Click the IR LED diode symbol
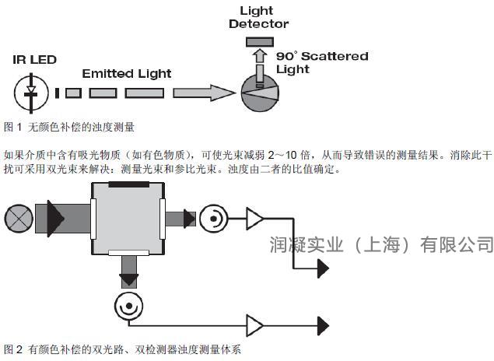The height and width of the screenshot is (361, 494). click(x=31, y=93)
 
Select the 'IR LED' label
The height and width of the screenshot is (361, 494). click(x=35, y=60)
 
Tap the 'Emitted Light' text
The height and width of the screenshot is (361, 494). click(x=127, y=74)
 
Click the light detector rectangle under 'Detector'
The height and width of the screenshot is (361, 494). click(x=260, y=42)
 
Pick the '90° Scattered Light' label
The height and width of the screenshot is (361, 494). click(x=322, y=63)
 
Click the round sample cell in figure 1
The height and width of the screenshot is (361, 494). click(x=260, y=93)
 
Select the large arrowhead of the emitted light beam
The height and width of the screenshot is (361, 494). click(x=222, y=93)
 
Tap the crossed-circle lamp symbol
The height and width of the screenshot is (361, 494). click(x=19, y=219)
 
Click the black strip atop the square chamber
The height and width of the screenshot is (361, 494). click(x=129, y=184)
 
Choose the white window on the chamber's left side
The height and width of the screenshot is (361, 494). click(x=93, y=219)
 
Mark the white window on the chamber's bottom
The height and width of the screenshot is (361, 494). click(x=128, y=252)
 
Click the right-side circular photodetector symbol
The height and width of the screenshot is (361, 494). click(x=214, y=219)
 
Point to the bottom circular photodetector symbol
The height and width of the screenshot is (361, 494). click(x=128, y=307)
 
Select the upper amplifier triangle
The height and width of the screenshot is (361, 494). click(x=254, y=219)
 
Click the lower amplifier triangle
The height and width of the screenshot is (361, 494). click(x=254, y=325)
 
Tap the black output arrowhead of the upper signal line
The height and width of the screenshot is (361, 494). click(x=324, y=268)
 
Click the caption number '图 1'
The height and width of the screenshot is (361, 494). click(x=13, y=128)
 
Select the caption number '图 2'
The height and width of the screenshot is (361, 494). click(x=13, y=349)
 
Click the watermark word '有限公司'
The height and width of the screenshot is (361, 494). click(x=457, y=244)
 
